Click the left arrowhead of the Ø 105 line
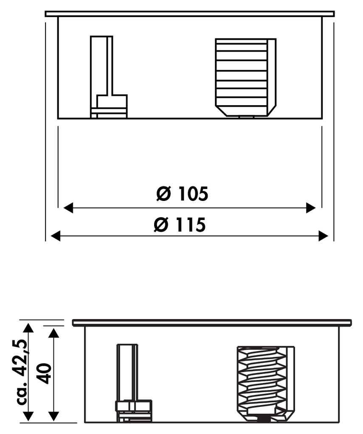pos(68,208)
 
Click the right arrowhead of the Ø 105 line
pos(311,208)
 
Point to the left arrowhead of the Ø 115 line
pos(56,236)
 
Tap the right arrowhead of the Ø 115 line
pos(324,236)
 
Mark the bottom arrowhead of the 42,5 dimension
pos(28,416)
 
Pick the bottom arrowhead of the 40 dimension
pos(53,416)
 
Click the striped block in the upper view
pos(245,78)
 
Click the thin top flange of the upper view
pos(190,14)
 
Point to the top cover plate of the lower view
pos(212,323)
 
